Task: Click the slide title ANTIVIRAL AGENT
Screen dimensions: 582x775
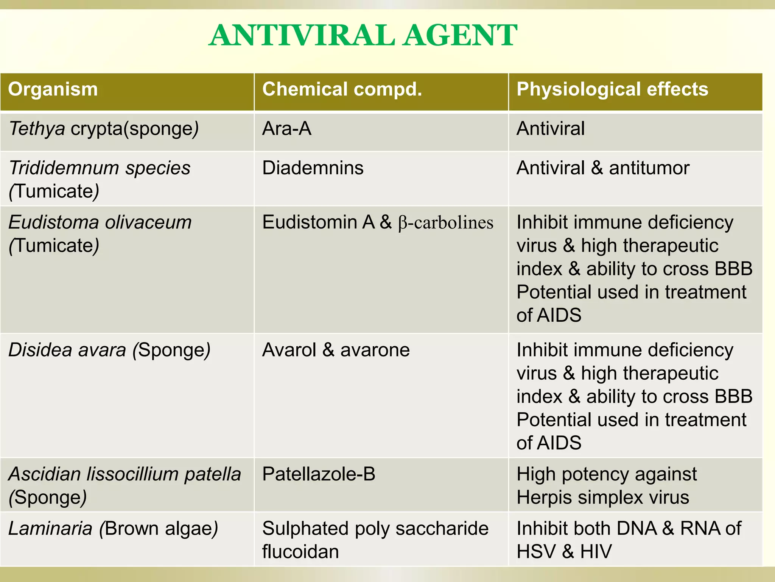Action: point(363,36)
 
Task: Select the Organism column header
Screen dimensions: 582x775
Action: point(53,90)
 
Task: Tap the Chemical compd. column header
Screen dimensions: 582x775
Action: point(342,90)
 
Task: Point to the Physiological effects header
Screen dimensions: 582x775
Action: point(612,90)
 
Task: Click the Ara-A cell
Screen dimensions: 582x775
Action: point(286,129)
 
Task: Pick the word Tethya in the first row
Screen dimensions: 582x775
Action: point(37,129)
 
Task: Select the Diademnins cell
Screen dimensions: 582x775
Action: point(313,168)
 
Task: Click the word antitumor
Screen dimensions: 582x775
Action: point(649,168)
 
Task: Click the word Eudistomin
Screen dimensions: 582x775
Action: point(310,222)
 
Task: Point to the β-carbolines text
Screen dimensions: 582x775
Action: point(445,223)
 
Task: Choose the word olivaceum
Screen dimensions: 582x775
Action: point(148,222)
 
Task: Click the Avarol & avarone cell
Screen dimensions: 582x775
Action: point(336,350)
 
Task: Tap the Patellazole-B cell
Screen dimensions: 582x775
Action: point(319,474)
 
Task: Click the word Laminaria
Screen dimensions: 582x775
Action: point(50,529)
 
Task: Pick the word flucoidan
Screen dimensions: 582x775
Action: point(300,552)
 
